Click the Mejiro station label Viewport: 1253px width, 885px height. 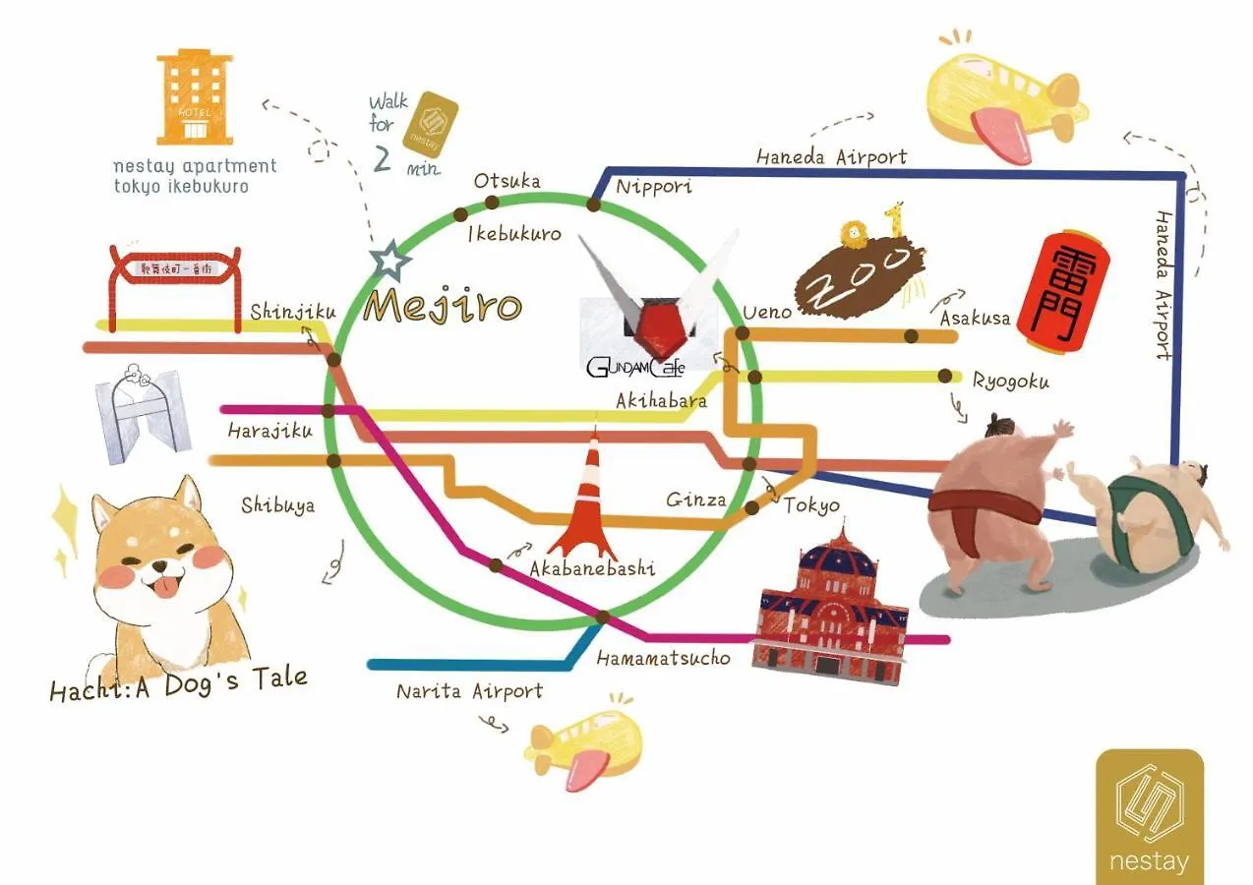click(442, 306)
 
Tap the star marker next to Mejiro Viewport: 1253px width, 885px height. click(389, 262)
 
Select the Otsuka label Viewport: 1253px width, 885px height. click(507, 182)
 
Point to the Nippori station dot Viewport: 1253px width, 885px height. click(593, 205)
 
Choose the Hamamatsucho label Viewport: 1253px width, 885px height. click(663, 657)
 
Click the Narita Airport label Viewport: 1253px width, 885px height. click(469, 691)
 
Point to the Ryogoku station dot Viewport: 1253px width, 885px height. click(945, 376)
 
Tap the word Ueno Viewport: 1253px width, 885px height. click(767, 312)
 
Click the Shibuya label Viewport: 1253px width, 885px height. click(278, 505)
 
